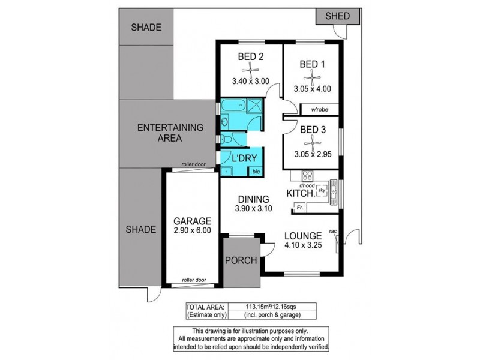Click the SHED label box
337,17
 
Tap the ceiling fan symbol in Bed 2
251,69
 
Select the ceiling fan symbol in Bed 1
312,76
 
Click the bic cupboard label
256,171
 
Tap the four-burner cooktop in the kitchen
307,176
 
